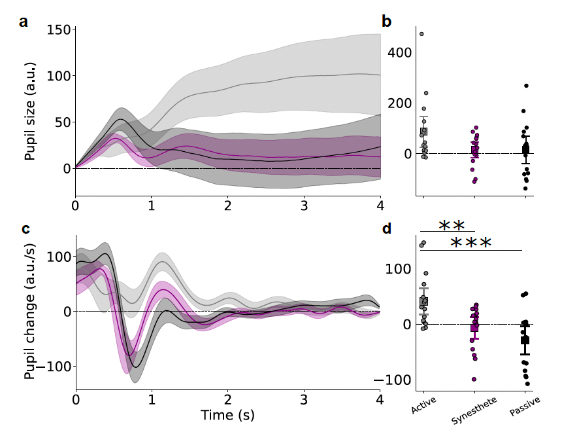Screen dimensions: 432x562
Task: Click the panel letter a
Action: (x=24, y=22)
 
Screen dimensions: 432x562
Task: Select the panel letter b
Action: (x=386, y=22)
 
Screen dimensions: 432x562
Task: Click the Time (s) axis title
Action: (x=227, y=414)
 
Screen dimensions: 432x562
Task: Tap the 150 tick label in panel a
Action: (x=59, y=30)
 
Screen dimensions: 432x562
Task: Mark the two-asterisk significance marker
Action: (x=452, y=226)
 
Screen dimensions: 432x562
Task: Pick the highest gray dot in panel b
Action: (x=421, y=34)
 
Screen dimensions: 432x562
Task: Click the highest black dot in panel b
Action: (x=525, y=86)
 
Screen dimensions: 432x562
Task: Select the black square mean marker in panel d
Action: (x=525, y=340)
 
